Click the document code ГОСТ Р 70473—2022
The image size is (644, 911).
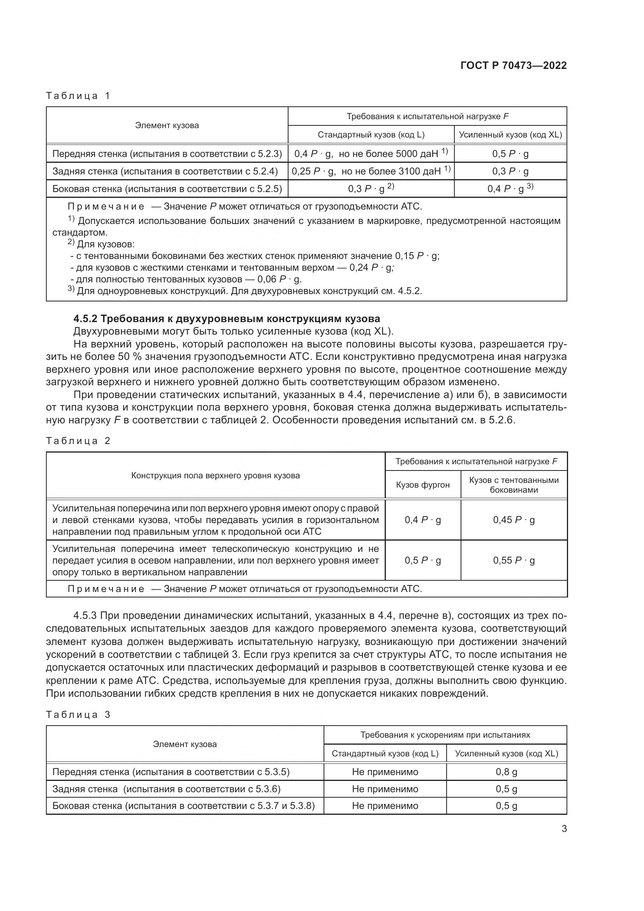point(514,65)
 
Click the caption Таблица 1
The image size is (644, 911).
point(78,96)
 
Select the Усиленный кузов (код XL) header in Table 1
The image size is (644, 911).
point(510,134)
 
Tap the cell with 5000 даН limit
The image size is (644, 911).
point(371,153)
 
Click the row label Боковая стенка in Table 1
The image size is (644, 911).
point(167,189)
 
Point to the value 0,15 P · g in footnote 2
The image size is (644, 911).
point(417,256)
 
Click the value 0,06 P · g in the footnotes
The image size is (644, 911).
point(279,279)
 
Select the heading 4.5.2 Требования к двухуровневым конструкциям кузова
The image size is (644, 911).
point(227,319)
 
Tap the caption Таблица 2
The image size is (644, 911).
point(78,441)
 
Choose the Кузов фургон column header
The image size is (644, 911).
point(423,485)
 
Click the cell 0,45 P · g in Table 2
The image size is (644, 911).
point(514,520)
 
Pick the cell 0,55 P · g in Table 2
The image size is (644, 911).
point(514,560)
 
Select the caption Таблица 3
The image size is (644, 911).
point(78,715)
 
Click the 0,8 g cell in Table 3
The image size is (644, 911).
point(507,772)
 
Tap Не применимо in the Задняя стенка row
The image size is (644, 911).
point(385,789)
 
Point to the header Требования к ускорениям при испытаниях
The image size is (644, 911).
point(445,735)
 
